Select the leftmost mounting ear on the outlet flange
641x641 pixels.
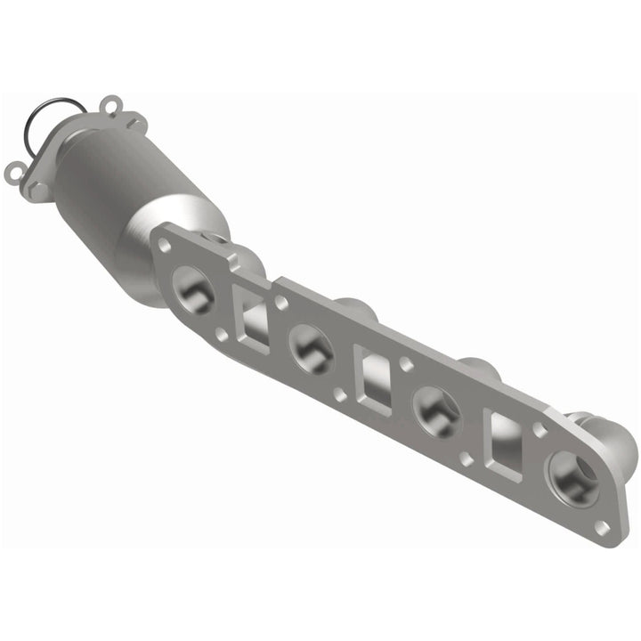[15, 168]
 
